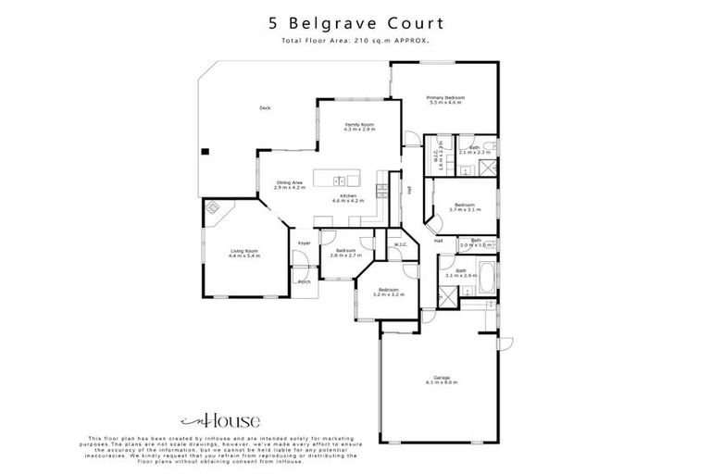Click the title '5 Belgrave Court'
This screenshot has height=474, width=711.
355,22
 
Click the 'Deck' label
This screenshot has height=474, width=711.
265,108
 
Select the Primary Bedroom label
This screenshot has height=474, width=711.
445,100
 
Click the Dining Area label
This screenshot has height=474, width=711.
289,185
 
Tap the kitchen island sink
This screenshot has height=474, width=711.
340,180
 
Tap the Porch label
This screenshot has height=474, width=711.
304,281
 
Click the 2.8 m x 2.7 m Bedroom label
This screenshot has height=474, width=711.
346,253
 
